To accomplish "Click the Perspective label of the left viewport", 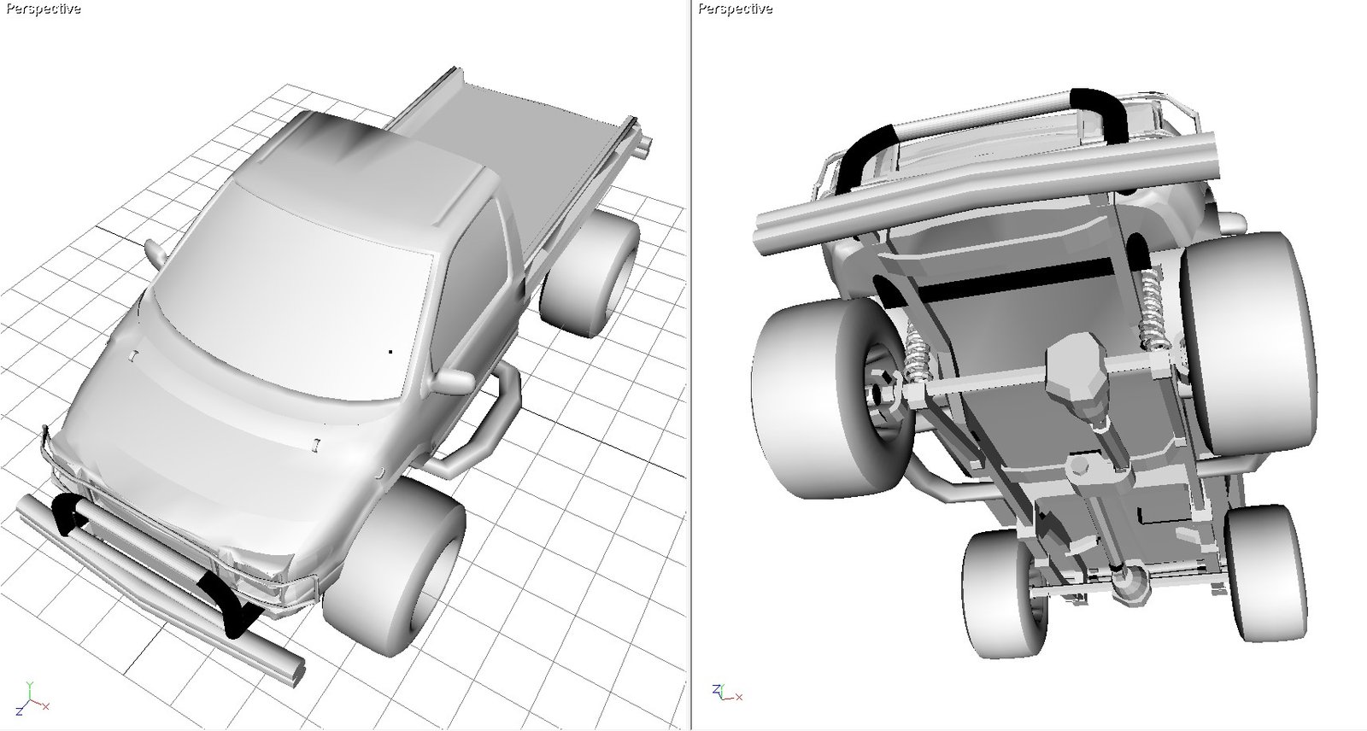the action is pyautogui.click(x=43, y=9).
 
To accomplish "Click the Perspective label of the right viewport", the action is pyautogui.click(x=735, y=9).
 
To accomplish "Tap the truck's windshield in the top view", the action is pyautogui.click(x=293, y=299).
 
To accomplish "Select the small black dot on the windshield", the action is pyautogui.click(x=390, y=352).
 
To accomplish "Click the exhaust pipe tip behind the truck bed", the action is pyautogui.click(x=644, y=145).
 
